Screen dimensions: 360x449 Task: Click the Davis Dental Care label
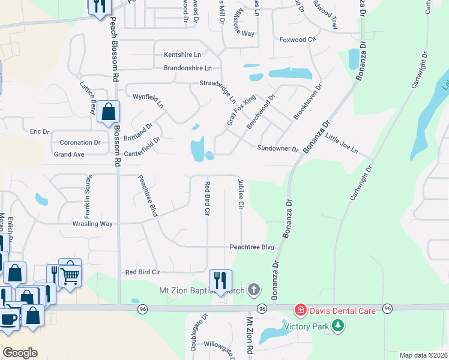tap(343, 311)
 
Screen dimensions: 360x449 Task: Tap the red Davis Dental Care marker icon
tap(299, 310)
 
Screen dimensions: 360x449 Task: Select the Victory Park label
tap(307, 327)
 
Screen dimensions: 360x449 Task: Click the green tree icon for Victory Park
tap(339, 326)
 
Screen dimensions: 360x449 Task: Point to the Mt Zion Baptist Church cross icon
tap(254, 290)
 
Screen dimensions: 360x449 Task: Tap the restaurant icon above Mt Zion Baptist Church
tap(220, 280)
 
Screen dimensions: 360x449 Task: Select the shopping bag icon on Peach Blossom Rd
tap(108, 111)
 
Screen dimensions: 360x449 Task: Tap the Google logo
tap(20, 353)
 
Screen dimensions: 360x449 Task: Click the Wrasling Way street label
tap(93, 224)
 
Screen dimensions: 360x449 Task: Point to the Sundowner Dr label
tap(278, 148)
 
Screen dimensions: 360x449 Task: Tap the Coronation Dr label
tap(80, 143)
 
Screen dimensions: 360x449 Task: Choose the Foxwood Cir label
tap(297, 40)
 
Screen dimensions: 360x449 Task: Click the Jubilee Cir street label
tap(241, 193)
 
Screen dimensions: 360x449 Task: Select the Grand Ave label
tap(69, 154)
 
